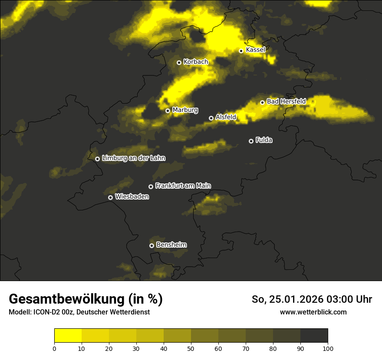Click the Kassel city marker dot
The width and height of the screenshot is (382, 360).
(241, 51)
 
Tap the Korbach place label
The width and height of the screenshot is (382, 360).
(196, 62)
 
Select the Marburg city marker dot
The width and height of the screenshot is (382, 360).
(168, 111)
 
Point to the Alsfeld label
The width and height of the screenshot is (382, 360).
(226, 117)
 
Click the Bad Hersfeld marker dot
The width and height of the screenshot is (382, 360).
(262, 102)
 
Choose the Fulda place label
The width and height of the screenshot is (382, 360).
(264, 140)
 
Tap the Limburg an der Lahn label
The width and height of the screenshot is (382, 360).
(134, 158)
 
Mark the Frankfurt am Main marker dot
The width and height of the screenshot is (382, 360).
(151, 187)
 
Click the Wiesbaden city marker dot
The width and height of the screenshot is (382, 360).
(110, 197)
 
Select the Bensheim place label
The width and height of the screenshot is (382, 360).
(171, 245)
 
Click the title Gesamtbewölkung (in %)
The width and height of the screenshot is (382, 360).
(86, 299)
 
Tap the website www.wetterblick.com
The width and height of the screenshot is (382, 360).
(313, 312)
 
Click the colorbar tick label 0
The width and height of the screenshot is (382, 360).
(54, 348)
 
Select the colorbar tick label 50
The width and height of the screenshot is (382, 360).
(191, 348)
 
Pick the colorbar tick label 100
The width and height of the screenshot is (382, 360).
(328, 348)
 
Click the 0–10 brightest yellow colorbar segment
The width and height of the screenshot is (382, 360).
(68, 336)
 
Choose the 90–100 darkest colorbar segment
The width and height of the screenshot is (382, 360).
(314, 336)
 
